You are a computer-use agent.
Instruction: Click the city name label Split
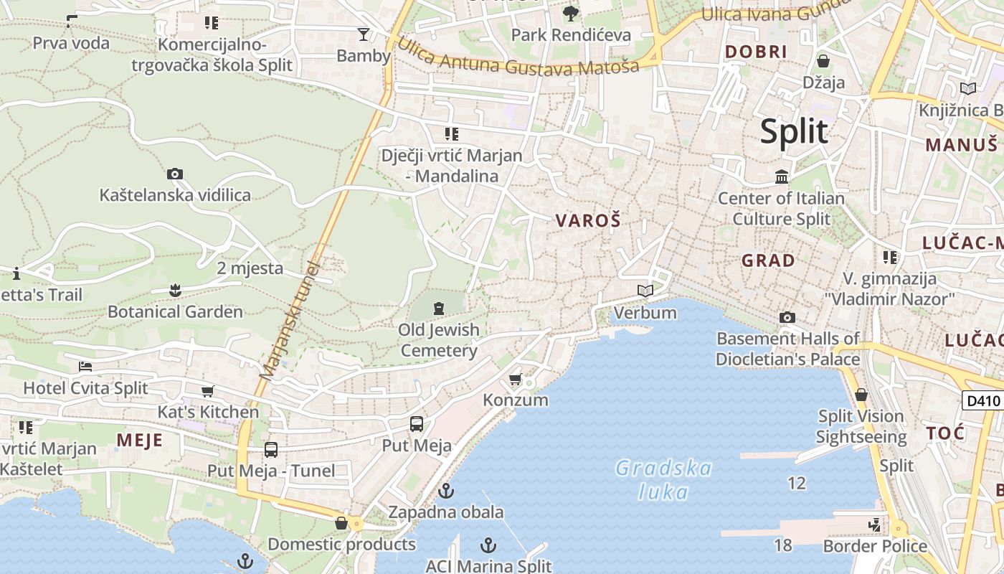point(794,132)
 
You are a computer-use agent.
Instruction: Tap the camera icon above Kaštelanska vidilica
point(174,174)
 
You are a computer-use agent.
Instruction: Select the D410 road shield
point(982,400)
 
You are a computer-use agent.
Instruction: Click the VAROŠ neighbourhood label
point(588,221)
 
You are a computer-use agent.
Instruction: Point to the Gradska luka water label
point(663,480)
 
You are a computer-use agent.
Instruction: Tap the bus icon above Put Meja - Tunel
point(270,450)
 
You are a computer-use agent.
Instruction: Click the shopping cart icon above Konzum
point(515,379)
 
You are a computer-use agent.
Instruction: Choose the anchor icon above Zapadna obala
point(446,491)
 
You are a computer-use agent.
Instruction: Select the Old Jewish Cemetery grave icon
point(439,309)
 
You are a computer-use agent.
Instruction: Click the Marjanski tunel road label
point(290,319)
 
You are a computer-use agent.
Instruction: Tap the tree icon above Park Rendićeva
point(571,13)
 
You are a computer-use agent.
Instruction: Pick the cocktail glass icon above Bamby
point(364,34)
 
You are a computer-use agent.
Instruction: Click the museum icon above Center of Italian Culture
point(782,177)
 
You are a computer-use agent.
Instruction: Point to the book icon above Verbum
point(645,291)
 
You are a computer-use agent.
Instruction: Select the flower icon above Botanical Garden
point(175,290)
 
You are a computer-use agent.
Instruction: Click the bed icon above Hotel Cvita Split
point(85,366)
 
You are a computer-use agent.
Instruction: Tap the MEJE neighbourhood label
point(140,440)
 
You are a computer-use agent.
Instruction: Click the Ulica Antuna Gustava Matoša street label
point(517,60)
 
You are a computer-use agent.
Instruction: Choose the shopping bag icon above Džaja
point(823,60)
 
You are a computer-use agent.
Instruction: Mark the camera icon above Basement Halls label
point(787,317)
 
